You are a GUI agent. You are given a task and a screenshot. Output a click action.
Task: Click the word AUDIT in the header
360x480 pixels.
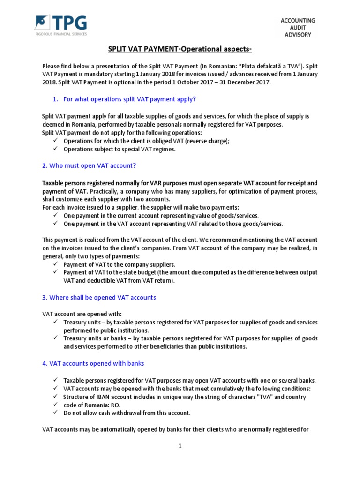point(298,28)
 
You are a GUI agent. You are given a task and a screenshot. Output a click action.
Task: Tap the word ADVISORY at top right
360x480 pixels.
point(298,35)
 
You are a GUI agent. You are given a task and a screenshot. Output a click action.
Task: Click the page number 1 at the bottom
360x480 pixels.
point(180,446)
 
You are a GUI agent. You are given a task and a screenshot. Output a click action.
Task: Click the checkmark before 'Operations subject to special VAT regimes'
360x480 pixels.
point(55,149)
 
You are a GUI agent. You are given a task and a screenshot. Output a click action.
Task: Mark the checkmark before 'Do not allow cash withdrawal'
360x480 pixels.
point(55,412)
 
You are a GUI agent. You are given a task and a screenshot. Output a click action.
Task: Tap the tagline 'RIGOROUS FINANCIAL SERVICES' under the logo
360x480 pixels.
point(60,33)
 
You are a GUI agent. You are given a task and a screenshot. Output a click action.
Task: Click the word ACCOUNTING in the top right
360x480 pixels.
point(298,20)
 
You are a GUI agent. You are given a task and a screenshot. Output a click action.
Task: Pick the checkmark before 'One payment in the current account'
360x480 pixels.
point(55,215)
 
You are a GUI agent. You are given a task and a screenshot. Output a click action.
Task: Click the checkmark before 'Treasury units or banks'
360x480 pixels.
point(55,338)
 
